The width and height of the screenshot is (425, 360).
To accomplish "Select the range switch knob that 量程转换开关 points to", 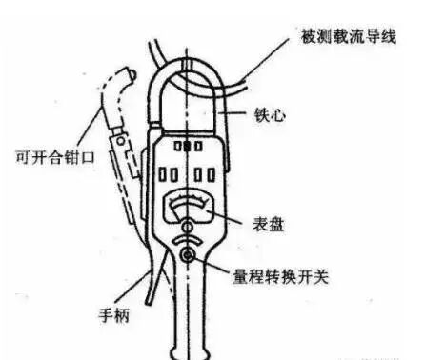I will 189,257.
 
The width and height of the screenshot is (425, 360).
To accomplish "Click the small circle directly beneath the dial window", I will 189,227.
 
